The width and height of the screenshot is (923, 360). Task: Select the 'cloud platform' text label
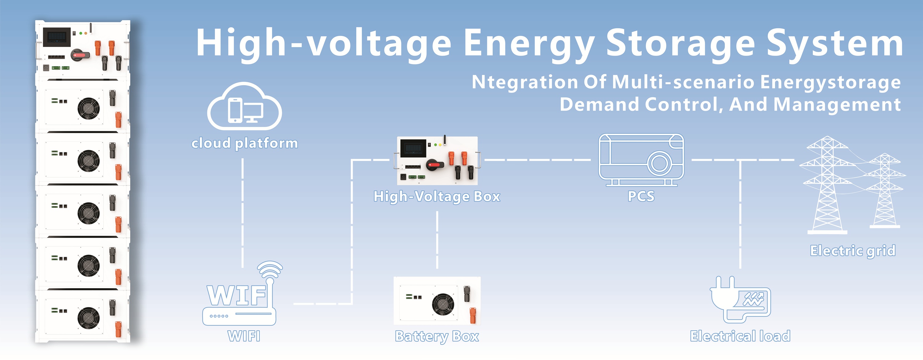pos(245,143)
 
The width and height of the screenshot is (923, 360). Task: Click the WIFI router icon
pos(242,294)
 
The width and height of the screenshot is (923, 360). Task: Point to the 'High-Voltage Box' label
pos(437,197)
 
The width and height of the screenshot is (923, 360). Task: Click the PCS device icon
pos(641,160)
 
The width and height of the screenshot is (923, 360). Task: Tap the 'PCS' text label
pos(641,196)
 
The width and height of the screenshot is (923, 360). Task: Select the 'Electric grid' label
pos(853,251)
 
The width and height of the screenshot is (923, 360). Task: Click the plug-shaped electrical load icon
pos(740,300)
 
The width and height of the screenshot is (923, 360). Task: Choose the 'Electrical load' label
pos(740,336)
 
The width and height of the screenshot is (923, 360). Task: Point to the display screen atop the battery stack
pos(57,37)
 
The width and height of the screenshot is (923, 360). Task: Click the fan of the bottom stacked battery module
pos(89,318)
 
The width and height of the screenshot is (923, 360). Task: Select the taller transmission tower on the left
pos(827,184)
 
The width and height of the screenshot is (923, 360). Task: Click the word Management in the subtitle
pos(837,105)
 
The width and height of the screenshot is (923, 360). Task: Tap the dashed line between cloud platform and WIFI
pos(242,213)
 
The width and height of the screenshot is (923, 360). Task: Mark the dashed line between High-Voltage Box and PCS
pos(538,160)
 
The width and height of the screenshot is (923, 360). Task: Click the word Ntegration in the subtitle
pos(525,82)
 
